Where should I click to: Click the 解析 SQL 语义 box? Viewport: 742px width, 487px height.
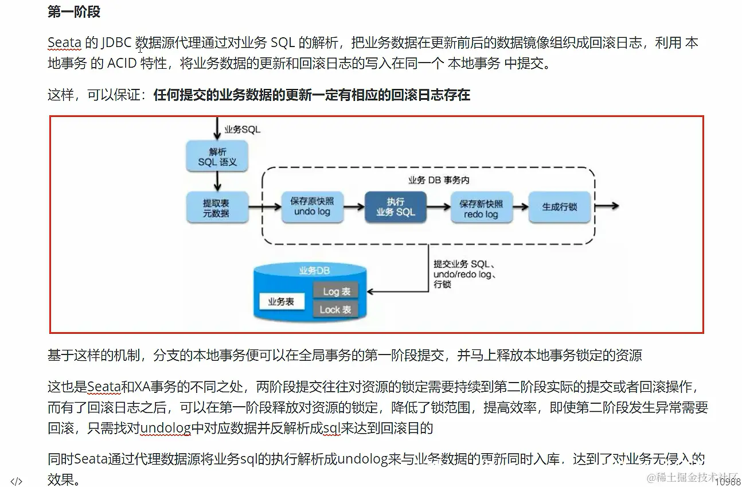[x=217, y=157]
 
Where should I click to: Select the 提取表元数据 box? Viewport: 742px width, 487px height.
[x=217, y=208]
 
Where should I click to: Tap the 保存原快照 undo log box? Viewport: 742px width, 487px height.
[x=312, y=207]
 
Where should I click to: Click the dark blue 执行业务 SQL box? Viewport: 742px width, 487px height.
[x=395, y=207]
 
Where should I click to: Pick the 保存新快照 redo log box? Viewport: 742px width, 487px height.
[x=481, y=208]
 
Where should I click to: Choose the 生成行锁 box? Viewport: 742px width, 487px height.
[x=559, y=207]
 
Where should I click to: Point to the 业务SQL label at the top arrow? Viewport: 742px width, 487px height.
[x=242, y=130]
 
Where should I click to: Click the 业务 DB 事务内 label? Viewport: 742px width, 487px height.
[x=439, y=180]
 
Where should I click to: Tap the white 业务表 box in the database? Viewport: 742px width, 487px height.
[x=281, y=301]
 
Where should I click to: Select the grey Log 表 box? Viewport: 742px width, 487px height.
[x=336, y=291]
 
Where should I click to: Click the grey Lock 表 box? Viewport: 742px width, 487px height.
[x=335, y=310]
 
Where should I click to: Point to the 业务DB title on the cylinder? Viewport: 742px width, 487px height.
[x=314, y=271]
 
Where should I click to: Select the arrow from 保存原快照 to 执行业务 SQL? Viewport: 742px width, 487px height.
[x=355, y=207]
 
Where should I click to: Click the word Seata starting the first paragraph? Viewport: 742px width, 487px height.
[x=64, y=43]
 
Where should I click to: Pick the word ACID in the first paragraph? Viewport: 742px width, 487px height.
[x=121, y=63]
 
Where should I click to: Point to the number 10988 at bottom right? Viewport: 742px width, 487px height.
[x=728, y=482]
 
